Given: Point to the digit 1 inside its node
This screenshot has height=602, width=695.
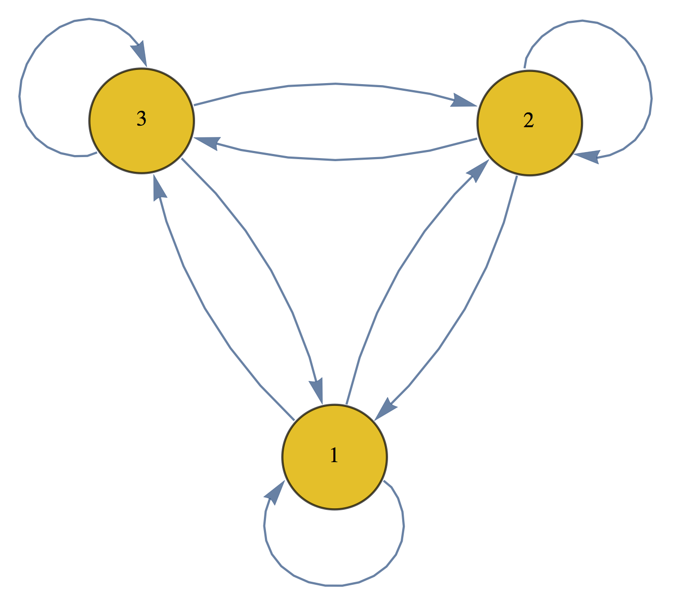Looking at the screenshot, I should pyautogui.click(x=334, y=456).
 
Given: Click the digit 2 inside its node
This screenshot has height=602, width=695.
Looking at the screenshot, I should pyautogui.click(x=528, y=121).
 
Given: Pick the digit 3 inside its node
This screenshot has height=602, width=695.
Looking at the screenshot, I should pyautogui.click(x=141, y=119).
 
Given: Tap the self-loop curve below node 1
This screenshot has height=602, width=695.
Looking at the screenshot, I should pyautogui.click(x=334, y=585).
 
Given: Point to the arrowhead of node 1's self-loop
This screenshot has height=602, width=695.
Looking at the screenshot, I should pyautogui.click(x=274, y=492).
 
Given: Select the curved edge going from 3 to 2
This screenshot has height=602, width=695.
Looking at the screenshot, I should pyautogui.click(x=334, y=84).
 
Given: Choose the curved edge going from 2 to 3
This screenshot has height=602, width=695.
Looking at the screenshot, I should pyautogui.click(x=334, y=160).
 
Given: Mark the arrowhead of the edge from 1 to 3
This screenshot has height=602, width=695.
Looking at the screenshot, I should pyautogui.click(x=159, y=190).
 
